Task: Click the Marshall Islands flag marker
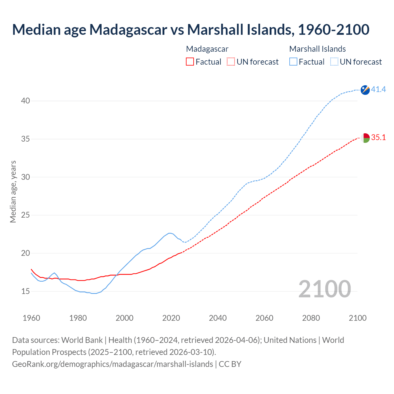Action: click(x=365, y=90)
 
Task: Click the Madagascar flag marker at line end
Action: click(x=365, y=138)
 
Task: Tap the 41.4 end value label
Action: click(x=378, y=90)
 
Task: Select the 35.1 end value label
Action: click(x=378, y=138)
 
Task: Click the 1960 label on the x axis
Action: click(x=31, y=318)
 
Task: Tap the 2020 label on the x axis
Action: click(x=171, y=318)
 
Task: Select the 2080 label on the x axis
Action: click(x=311, y=318)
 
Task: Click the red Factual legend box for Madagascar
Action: click(x=190, y=62)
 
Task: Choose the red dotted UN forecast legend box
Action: click(x=231, y=62)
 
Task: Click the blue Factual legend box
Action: click(x=293, y=62)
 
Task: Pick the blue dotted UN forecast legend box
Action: click(x=334, y=62)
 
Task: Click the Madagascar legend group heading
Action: click(x=207, y=49)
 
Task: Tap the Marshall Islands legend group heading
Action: click(x=317, y=49)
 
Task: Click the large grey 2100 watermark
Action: click(x=324, y=289)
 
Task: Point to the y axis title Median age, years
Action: click(x=13, y=191)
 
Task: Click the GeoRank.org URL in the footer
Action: click(x=112, y=364)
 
